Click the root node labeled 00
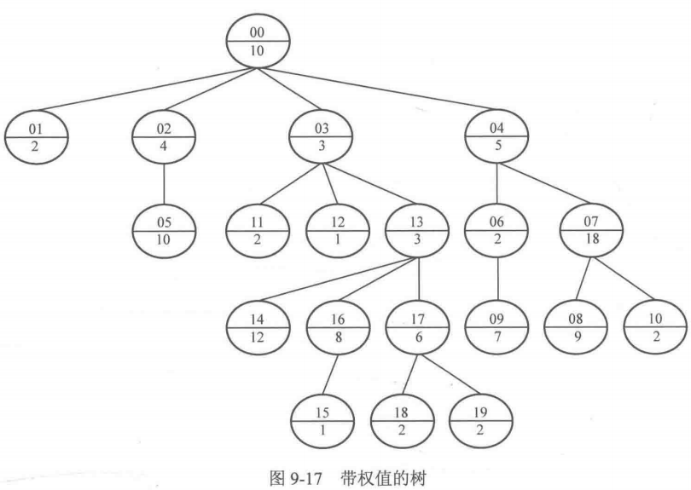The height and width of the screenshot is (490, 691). pyautogui.click(x=258, y=41)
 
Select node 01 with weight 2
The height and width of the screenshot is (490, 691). pyautogui.click(x=35, y=137)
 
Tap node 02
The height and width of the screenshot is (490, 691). pyautogui.click(x=165, y=137)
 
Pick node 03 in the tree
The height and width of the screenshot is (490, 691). pyautogui.click(x=321, y=137)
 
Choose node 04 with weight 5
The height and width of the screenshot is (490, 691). pyautogui.click(x=496, y=137)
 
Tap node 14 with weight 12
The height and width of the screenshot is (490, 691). pyautogui.click(x=258, y=326)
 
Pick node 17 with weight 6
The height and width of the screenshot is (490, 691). pyautogui.click(x=417, y=326)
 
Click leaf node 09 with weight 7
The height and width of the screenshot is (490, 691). pyautogui.click(x=496, y=326)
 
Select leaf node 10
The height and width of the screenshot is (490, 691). pyautogui.click(x=654, y=326)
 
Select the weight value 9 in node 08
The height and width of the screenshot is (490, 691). pyautogui.click(x=576, y=337)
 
